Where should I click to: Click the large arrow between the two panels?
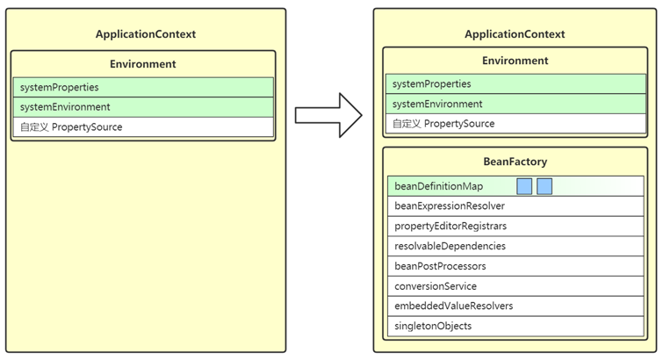[329, 115]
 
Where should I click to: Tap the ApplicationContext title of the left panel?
[146, 34]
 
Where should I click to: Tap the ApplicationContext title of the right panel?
[515, 34]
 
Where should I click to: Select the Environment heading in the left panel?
[143, 64]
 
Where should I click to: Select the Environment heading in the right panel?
[515, 61]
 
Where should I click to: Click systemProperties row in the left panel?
[143, 87]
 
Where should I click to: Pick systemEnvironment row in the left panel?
[143, 107]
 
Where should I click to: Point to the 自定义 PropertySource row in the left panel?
[143, 127]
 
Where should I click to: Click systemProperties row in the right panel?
[515, 83]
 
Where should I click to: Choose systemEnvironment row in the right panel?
[515, 104]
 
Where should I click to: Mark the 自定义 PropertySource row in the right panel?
[515, 124]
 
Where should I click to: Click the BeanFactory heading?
[515, 162]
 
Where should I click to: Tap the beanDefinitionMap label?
[438, 186]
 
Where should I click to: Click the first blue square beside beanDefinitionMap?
[524, 186]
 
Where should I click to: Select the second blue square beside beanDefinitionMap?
[544, 186]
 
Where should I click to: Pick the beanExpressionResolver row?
[515, 206]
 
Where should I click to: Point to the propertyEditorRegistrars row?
[515, 226]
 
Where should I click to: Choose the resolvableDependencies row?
[515, 246]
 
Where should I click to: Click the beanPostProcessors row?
[515, 266]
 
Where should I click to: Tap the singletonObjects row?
[515, 326]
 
